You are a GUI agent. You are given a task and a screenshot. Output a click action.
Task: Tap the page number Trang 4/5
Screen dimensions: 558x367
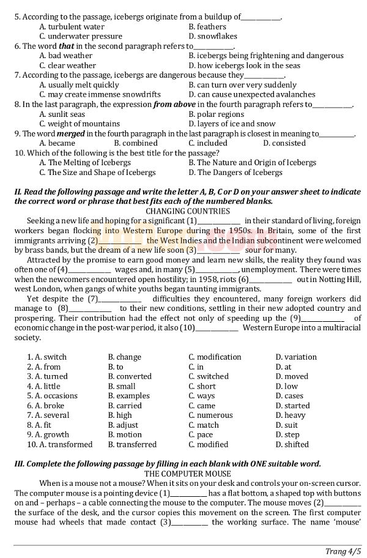tap(343, 551)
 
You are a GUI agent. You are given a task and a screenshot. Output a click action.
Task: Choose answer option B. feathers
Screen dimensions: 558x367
tap(207, 27)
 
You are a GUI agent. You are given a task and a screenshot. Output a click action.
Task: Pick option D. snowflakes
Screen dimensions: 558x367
tap(213, 37)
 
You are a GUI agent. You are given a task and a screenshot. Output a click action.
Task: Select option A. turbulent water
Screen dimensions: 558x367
tap(72, 27)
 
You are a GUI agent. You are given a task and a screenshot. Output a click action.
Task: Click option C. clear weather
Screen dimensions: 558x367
tap(67, 65)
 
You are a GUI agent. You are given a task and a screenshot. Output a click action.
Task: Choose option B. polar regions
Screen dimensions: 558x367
tap(216, 114)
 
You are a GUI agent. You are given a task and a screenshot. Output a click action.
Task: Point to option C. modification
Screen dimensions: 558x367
tap(215, 357)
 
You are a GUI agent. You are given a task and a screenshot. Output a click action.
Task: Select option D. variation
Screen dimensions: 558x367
tap(296, 357)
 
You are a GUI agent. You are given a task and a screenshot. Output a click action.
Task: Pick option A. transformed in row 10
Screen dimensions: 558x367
tap(60, 444)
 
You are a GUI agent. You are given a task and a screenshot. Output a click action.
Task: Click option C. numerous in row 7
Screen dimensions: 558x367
tap(210, 415)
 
